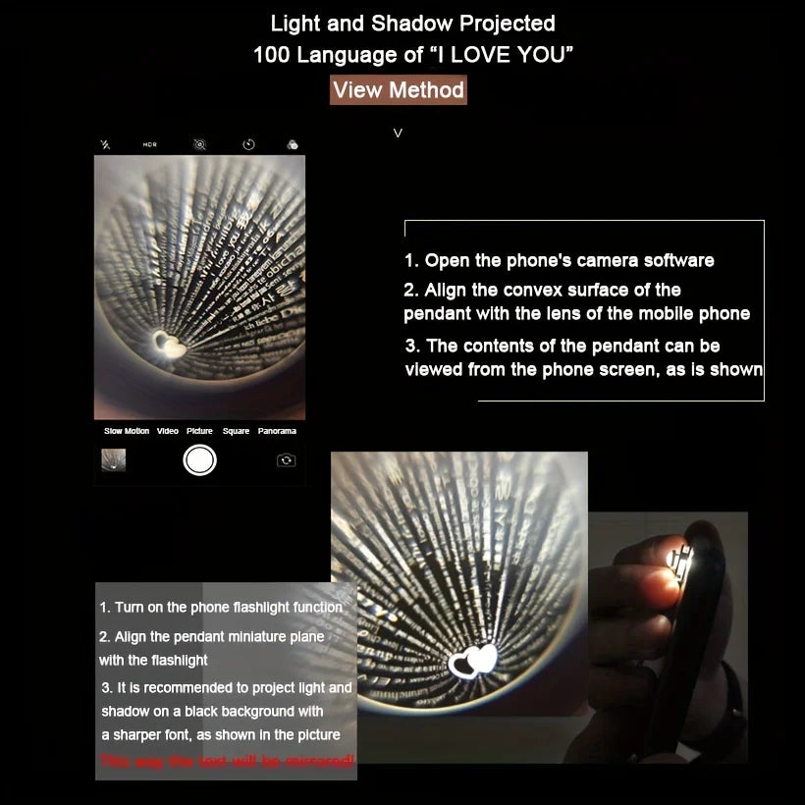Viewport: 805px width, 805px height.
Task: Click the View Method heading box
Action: pos(398,90)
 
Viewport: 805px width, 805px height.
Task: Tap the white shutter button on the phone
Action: pos(199,459)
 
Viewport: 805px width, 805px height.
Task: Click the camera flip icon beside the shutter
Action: pos(286,459)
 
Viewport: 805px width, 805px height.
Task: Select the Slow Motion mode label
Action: pos(127,431)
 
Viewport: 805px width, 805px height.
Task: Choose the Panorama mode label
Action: pos(277,431)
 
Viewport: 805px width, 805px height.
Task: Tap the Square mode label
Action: pos(236,431)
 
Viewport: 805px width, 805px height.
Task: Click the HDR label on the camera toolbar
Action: pos(149,144)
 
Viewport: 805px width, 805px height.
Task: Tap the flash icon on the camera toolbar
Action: pos(105,144)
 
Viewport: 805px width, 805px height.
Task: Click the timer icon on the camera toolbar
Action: pos(248,144)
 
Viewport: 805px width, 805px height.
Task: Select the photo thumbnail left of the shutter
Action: pos(114,459)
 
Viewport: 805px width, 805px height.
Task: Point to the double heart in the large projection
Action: pos(473,661)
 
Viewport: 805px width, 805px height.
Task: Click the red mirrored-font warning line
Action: pos(227,761)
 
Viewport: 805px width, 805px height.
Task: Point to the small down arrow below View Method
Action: pos(398,133)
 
